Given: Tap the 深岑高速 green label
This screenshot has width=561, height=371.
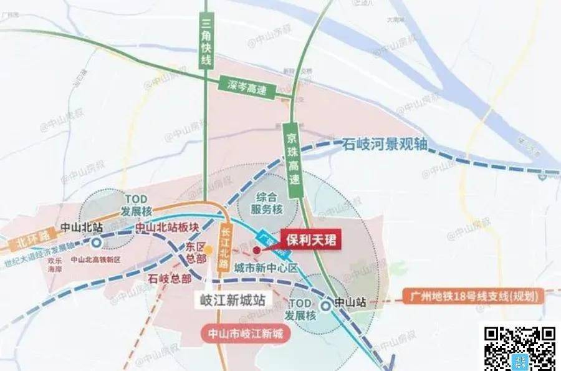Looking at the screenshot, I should [x=247, y=85].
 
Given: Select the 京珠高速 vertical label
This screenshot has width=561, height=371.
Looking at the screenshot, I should [x=293, y=159].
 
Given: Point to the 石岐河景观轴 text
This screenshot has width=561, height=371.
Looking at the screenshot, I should [x=385, y=145].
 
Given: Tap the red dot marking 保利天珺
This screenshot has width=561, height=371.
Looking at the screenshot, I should [x=257, y=249].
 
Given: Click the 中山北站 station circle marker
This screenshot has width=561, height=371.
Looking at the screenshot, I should [x=97, y=243].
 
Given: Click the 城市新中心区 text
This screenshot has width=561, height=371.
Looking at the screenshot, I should [x=267, y=268].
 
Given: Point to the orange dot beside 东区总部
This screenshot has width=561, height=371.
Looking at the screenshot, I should [x=209, y=251].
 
